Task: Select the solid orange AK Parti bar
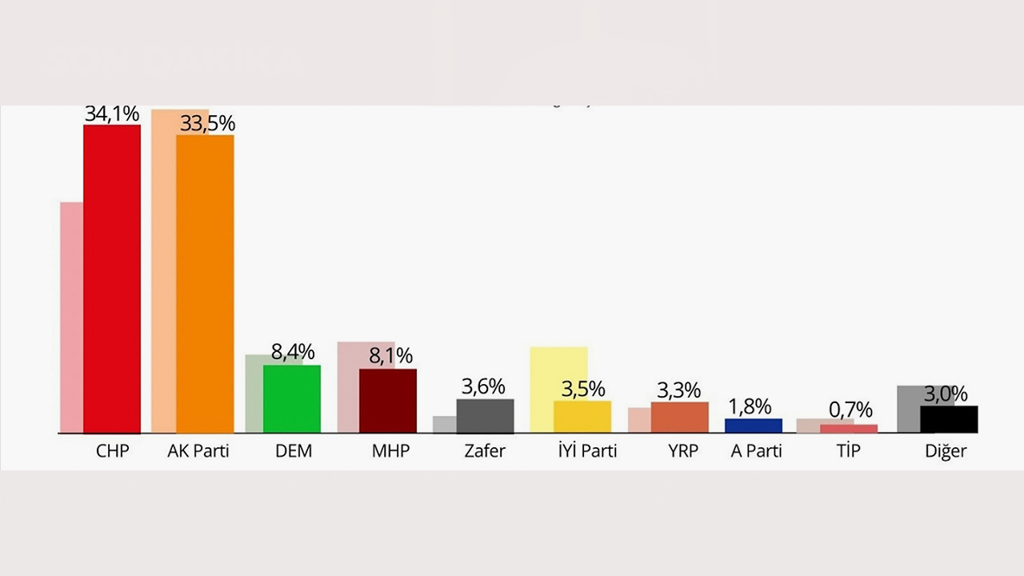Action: tap(205, 284)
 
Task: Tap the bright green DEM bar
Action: tap(292, 399)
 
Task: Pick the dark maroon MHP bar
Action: tap(388, 401)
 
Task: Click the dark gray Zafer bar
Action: tap(486, 416)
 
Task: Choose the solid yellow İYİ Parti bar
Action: tap(582, 417)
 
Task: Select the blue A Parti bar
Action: tap(754, 426)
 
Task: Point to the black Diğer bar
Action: tap(949, 419)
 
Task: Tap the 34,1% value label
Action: tap(113, 114)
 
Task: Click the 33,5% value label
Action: tap(207, 123)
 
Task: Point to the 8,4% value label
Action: tap(293, 352)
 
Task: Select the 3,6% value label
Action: tap(483, 386)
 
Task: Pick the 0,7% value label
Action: tap(850, 410)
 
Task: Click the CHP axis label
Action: tap(112, 451)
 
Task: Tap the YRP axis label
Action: tap(683, 451)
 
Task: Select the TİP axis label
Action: tap(849, 451)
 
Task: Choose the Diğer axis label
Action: tap(946, 451)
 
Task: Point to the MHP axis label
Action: tap(390, 451)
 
